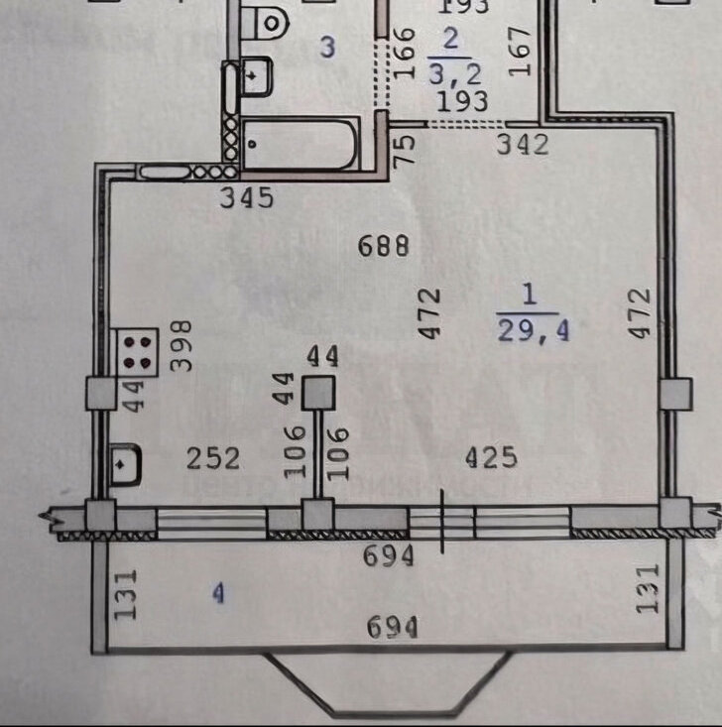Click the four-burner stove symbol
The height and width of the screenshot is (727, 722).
tap(141, 351)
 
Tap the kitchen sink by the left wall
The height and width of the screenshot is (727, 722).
tap(126, 463)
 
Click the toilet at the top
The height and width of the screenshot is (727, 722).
tap(267, 19)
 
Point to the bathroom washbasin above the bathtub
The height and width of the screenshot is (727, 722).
tap(255, 75)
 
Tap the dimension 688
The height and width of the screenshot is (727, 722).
tap(384, 246)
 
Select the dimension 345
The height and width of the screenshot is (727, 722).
tap(247, 198)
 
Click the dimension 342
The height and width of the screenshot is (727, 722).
tap(523, 145)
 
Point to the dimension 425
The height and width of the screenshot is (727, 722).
tap(492, 458)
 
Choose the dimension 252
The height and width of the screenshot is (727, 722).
tap(214, 458)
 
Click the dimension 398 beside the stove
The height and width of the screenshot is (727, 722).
tap(180, 345)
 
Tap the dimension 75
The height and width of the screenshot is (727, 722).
tap(405, 149)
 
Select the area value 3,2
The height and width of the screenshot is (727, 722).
tap(452, 71)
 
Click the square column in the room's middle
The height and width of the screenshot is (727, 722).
tap(318, 394)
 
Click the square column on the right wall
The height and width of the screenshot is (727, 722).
tap(674, 394)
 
